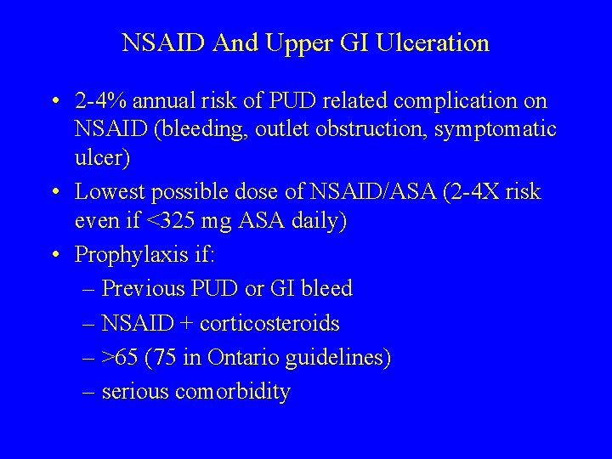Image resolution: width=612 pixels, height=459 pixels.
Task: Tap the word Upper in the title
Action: [x=291, y=42]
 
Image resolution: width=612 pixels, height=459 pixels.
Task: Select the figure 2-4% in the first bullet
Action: [x=99, y=102]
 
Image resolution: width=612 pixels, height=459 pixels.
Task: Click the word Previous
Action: [x=141, y=289]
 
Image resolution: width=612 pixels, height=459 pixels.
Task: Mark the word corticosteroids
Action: [x=270, y=324]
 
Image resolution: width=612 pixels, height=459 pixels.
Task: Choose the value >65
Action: [x=120, y=358]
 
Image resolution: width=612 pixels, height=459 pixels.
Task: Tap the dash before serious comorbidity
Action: [x=90, y=392]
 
